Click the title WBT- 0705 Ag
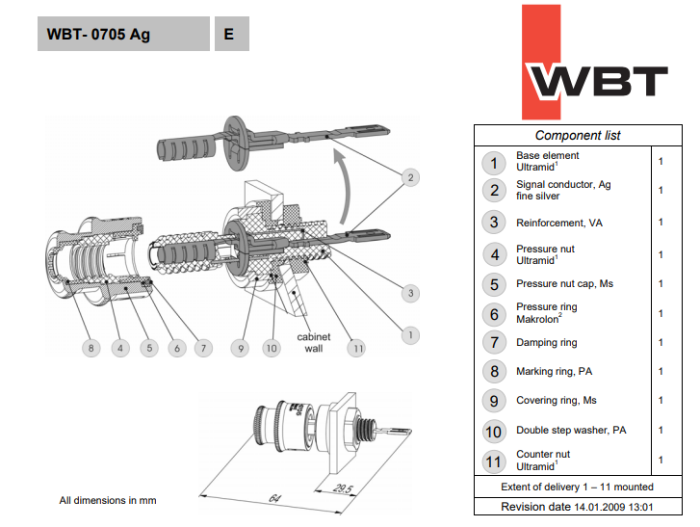99,35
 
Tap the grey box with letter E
229,35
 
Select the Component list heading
578,136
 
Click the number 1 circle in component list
495,162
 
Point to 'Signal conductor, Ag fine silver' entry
563,190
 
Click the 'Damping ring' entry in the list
547,342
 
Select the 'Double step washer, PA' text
571,430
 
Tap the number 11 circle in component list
495,460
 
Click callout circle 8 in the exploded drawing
91,348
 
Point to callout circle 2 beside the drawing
410,177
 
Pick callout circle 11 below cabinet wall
357,348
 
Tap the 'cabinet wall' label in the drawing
314,343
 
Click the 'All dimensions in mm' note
108,500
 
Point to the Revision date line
578,507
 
